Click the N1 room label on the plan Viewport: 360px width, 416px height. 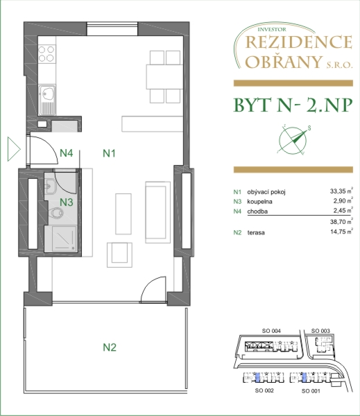[x=109, y=153]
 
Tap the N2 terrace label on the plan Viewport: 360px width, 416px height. [x=110, y=347]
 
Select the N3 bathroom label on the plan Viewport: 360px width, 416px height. [x=66, y=202]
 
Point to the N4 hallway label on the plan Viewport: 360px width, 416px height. [x=66, y=153]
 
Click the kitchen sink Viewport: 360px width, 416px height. [x=47, y=100]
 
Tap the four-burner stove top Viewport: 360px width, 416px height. [x=46, y=53]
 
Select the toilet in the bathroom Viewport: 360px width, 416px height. [x=55, y=213]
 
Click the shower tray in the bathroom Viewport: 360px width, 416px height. [x=64, y=239]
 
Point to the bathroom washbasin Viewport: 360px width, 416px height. [x=50, y=187]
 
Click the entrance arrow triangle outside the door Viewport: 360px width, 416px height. [x=14, y=149]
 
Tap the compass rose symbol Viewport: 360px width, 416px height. [x=293, y=140]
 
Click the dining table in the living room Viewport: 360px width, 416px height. [x=164, y=77]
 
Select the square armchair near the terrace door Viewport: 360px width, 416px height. [x=119, y=255]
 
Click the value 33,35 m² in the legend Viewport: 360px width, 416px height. [x=341, y=191]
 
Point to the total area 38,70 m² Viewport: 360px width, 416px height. [x=341, y=221]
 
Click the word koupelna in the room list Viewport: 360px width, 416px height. [x=259, y=202]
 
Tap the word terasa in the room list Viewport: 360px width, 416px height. [x=256, y=233]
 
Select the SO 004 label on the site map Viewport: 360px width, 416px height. [x=271, y=331]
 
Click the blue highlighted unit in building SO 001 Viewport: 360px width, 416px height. [x=305, y=377]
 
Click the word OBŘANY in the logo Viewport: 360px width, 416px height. [x=284, y=62]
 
